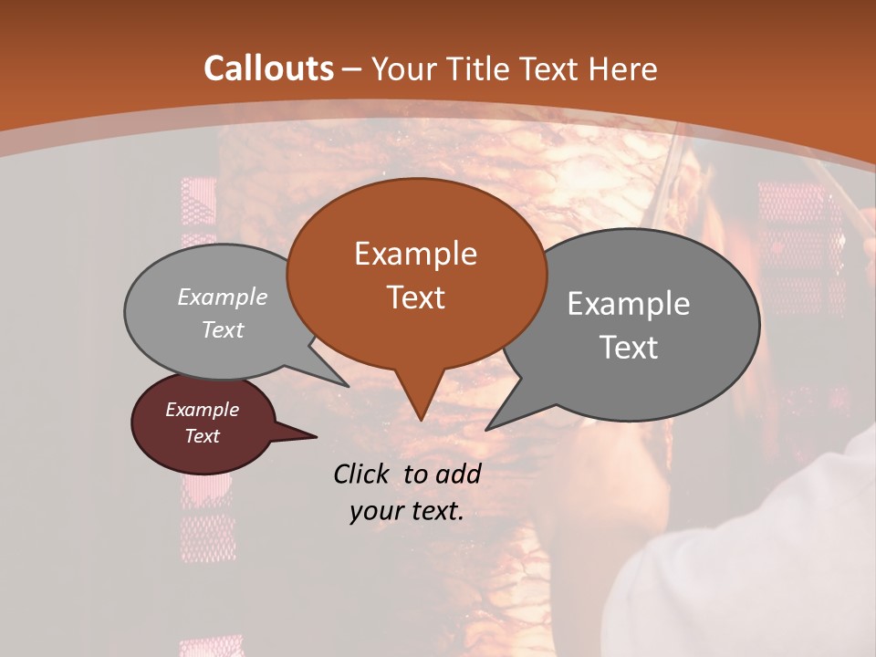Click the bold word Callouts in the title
268,68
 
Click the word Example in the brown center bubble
415,254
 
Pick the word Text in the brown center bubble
415,297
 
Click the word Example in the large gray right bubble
629,304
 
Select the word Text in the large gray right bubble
629,348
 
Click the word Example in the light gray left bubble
223,297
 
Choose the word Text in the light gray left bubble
223,330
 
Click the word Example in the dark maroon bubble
202,410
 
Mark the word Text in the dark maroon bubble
202,436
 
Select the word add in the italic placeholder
458,474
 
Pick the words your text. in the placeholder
407,511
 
